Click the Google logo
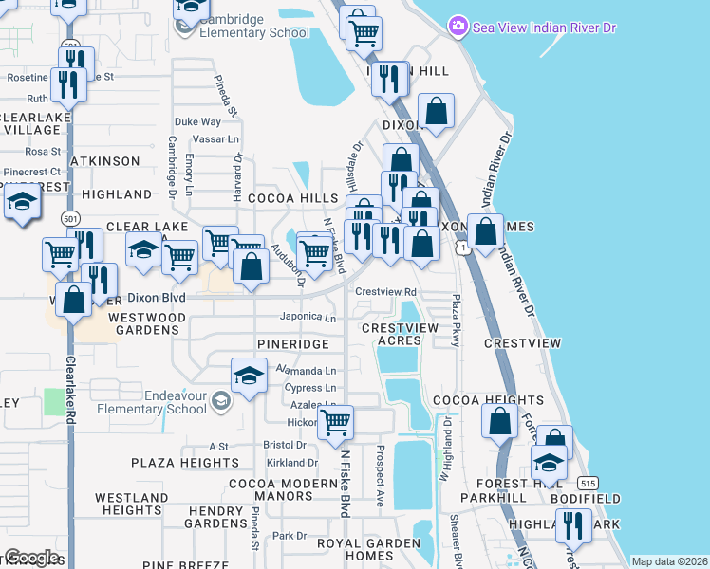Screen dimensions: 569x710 click(31, 558)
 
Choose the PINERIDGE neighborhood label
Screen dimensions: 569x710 click(292, 343)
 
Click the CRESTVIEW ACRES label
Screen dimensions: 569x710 click(400, 334)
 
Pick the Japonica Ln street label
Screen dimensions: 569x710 click(308, 318)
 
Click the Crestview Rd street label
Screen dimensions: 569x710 click(386, 292)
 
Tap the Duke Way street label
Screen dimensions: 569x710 click(197, 122)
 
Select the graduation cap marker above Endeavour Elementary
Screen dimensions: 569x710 click(248, 376)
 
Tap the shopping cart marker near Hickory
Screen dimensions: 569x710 click(335, 423)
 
